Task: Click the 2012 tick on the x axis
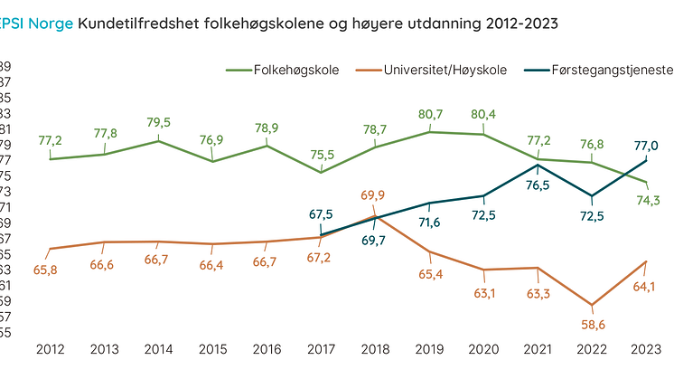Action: pyautogui.click(x=51, y=349)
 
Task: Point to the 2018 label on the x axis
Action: pyautogui.click(x=376, y=349)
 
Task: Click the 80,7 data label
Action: pyautogui.click(x=430, y=115)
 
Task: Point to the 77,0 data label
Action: pyautogui.click(x=646, y=145)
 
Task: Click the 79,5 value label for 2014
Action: pyautogui.click(x=159, y=122)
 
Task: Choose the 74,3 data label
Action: pyautogui.click(x=650, y=200)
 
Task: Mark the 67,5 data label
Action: pyautogui.click(x=322, y=214)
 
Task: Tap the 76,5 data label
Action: pyautogui.click(x=538, y=185)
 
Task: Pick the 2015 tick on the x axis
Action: pyautogui.click(x=213, y=349)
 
